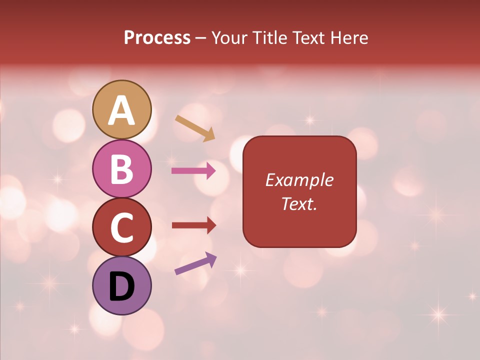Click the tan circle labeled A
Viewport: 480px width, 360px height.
tap(122, 109)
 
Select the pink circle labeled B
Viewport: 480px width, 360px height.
tap(122, 168)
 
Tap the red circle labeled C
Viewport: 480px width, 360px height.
tap(122, 227)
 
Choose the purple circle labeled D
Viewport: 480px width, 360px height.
tap(122, 285)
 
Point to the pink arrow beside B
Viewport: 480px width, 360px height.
tap(193, 171)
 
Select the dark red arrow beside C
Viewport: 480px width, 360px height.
tap(193, 225)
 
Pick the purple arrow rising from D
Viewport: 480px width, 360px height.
tap(195, 263)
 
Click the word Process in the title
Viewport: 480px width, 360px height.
tap(157, 37)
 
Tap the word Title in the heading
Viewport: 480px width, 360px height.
tap(270, 38)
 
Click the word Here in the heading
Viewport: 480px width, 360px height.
tap(350, 38)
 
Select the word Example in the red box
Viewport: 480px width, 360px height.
tap(299, 180)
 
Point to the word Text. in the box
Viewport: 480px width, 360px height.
tap(299, 203)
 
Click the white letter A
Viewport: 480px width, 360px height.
tap(122, 110)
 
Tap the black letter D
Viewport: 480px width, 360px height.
tap(122, 286)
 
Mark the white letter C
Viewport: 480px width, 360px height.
tap(122, 227)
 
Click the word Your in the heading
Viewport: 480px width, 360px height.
tap(228, 38)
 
